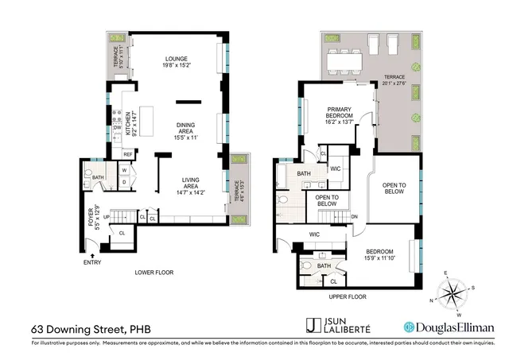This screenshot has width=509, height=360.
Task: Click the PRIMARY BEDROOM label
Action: (338, 117)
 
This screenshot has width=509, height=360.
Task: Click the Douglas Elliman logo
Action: (449, 327)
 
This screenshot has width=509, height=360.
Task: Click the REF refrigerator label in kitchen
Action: (127, 154)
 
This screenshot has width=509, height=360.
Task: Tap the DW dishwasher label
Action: (117, 127)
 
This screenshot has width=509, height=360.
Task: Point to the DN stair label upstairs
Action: (355, 215)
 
